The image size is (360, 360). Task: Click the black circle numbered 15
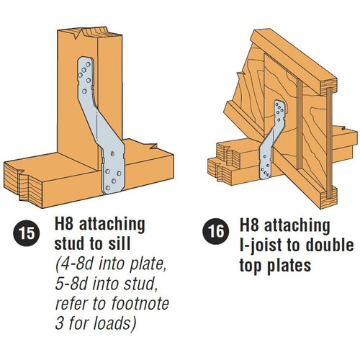pos(27,233)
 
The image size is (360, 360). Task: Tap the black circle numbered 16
pos(216,232)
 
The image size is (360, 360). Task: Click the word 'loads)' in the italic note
pos(114,323)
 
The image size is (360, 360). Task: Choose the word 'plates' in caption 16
pos(289,266)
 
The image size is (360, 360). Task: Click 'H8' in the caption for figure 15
pos(63,224)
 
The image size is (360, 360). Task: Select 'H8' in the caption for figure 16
pos(249,225)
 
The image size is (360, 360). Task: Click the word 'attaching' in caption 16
pos(297,227)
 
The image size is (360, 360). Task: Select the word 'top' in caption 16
pos(251,266)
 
